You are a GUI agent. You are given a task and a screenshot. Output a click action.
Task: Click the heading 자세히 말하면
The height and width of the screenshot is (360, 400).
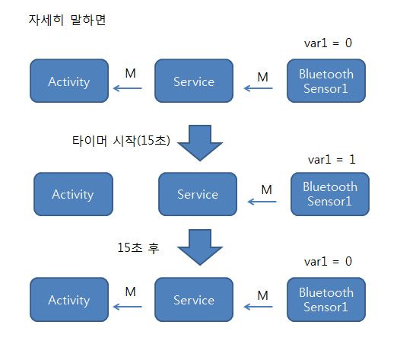tap(67, 20)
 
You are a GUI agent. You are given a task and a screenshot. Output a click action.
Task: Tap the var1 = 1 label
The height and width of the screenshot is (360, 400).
tap(332, 160)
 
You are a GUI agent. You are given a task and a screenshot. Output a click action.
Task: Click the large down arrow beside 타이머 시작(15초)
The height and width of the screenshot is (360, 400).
tap(200, 143)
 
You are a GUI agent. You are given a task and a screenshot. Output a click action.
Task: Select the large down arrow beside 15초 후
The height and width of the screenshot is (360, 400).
tap(200, 247)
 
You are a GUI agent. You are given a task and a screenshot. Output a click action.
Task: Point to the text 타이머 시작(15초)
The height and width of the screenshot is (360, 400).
tap(121, 141)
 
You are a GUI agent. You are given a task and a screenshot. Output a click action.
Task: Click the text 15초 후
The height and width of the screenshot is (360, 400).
tap(138, 247)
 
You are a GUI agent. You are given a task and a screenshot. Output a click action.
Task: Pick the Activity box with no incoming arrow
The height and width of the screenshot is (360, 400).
tap(73, 194)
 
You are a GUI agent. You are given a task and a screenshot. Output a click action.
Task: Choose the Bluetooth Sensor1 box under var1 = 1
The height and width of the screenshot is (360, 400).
tap(330, 194)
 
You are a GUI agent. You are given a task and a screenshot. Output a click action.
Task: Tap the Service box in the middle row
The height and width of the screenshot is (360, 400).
tap(198, 194)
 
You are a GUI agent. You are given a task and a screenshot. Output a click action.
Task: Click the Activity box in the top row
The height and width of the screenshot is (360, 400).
tap(69, 81)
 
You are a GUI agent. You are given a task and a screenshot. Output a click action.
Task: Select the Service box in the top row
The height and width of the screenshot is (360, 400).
tap(194, 81)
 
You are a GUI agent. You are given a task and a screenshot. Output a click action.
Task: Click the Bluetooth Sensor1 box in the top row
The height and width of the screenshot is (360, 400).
tap(326, 81)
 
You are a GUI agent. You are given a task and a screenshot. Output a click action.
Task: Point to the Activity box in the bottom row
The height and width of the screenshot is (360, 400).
tap(69, 299)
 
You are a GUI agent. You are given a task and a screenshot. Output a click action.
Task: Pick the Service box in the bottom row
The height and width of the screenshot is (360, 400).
tap(194, 299)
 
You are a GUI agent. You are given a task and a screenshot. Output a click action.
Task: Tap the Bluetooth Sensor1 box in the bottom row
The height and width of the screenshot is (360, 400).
tap(326, 299)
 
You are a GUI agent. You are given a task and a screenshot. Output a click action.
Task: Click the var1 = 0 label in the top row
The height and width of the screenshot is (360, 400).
tap(328, 43)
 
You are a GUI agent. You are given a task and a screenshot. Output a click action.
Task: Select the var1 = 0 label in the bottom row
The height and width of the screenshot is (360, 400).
tap(328, 262)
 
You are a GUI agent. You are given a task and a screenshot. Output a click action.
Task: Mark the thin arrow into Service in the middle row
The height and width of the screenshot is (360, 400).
tap(262, 202)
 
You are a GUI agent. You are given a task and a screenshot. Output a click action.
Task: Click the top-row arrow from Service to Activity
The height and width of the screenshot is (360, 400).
tap(127, 88)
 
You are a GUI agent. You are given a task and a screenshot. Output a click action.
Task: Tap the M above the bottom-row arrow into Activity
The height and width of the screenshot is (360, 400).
tap(130, 292)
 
